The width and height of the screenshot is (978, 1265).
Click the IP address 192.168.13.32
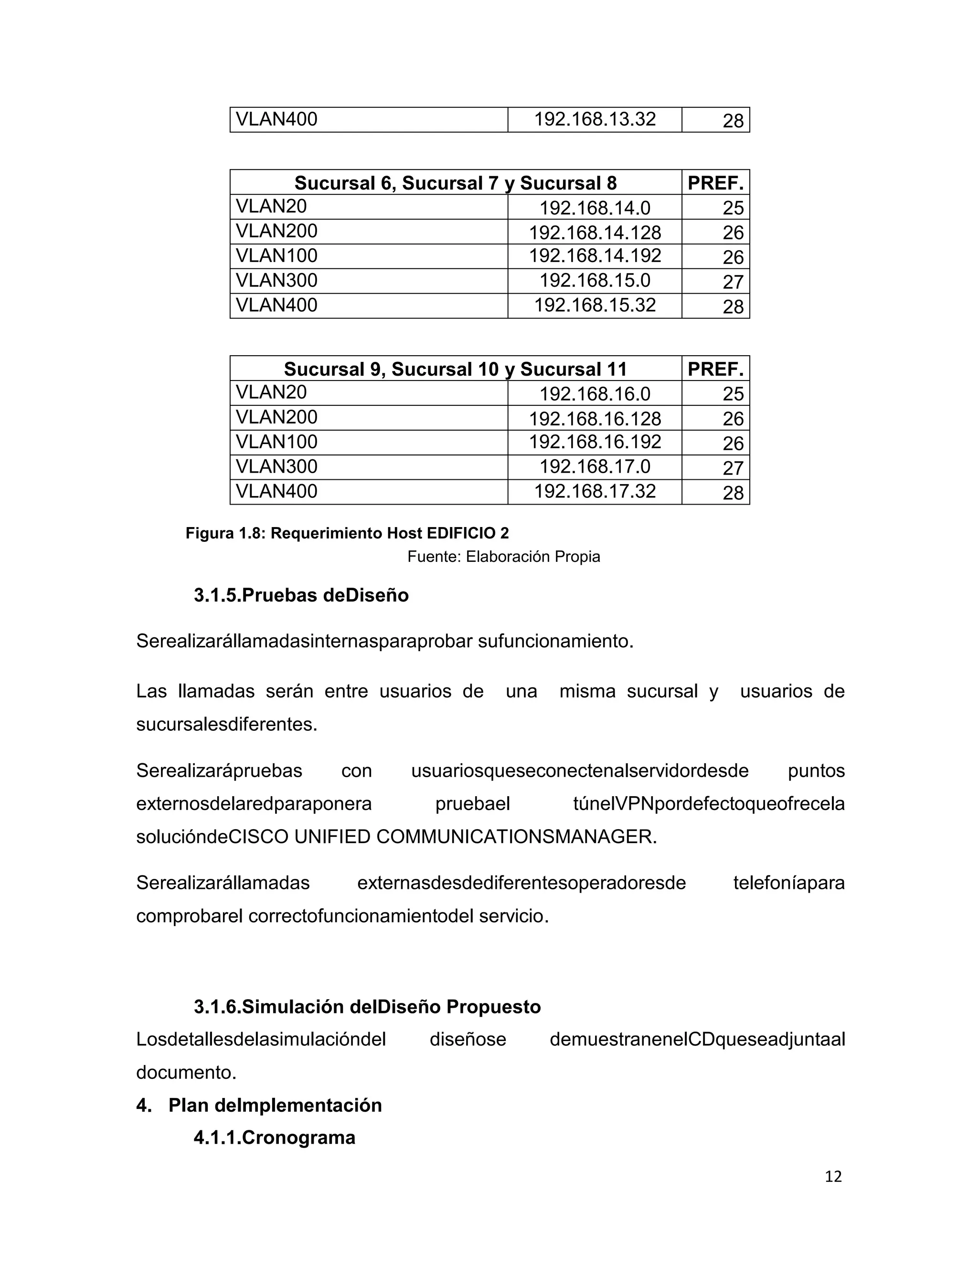595,119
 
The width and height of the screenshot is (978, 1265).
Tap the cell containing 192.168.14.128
595,232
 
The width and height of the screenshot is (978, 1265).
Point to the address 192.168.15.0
595,281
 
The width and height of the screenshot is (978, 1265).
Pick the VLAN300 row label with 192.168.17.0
276,467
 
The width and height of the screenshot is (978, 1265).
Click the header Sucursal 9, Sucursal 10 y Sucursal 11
456,369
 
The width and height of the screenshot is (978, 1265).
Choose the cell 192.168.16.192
595,442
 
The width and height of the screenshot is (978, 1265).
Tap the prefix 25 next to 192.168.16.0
733,394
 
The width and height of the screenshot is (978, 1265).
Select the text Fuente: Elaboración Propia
503,557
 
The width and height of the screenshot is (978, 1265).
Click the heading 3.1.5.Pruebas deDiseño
301,595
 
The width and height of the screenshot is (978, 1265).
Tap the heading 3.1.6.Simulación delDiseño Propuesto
367,1007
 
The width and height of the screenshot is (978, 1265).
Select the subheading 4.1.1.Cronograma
274,1138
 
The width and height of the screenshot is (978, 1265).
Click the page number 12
832,1176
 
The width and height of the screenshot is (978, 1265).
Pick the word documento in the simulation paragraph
186,1073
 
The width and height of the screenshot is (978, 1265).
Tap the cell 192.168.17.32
595,491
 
